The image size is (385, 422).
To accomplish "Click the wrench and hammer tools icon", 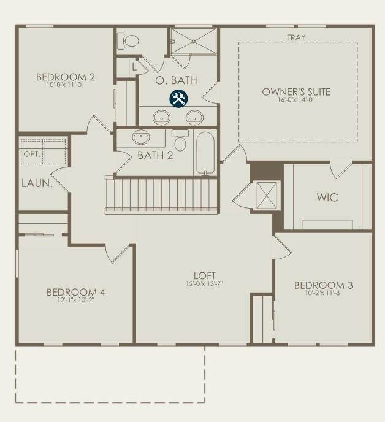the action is click(178, 99).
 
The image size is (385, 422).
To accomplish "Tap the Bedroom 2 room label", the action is click(66, 77).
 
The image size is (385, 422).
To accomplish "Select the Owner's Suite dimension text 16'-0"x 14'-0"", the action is click(296, 99).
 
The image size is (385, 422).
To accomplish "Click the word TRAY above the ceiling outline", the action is click(297, 37).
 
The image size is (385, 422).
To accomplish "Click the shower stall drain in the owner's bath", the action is click(194, 41).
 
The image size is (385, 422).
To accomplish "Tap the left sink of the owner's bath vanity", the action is click(161, 117).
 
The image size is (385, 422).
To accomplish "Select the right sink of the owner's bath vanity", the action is click(195, 117).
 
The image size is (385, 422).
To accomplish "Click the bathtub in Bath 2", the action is click(205, 153).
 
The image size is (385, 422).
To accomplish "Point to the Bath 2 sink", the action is click(141, 137).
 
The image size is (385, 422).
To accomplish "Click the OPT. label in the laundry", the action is click(32, 154).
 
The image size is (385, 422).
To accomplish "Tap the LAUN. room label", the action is click(37, 183).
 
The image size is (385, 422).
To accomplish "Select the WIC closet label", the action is click(327, 198).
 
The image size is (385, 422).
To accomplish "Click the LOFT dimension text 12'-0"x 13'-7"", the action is click(205, 283).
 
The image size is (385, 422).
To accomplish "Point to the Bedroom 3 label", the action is click(324, 285).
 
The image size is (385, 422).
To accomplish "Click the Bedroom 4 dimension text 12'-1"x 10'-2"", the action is click(75, 300).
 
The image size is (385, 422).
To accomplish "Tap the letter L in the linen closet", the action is click(134, 66).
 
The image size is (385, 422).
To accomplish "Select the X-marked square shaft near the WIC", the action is click(266, 196).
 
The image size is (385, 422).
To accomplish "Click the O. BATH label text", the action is click(176, 80).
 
